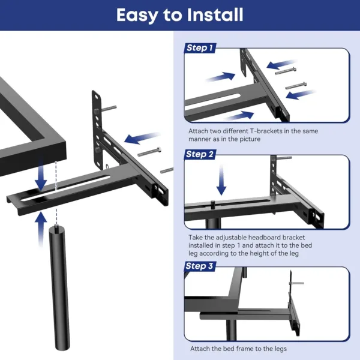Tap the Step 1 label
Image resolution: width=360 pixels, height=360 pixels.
pos(200,48)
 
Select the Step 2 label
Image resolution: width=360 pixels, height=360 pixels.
pos(200,154)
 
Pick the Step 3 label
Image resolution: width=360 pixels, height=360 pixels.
pos(200,266)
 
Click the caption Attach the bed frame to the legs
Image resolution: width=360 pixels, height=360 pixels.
pos(238,349)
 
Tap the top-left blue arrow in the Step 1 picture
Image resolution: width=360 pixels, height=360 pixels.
pos(221,77)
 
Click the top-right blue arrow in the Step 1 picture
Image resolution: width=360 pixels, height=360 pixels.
pos(281,63)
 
